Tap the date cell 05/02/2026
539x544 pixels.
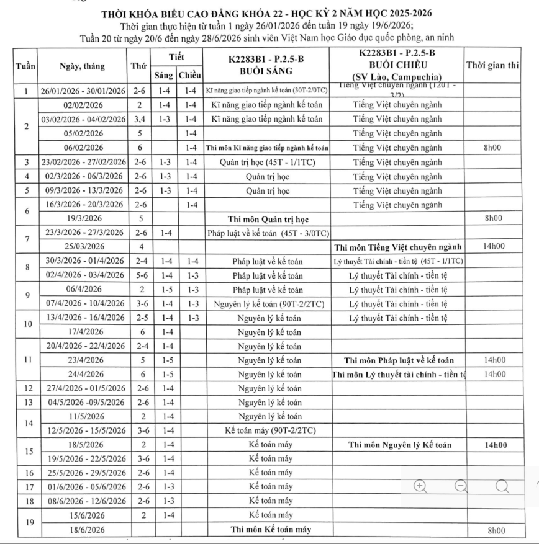tap(83, 132)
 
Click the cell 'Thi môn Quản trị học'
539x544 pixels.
tap(266, 219)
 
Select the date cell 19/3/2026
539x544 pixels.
tap(83, 219)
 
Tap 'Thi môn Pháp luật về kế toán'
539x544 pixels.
tap(397, 360)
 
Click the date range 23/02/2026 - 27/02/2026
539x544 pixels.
tap(83, 162)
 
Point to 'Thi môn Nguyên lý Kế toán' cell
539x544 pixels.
tap(397, 445)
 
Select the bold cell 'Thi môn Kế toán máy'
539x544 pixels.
tap(266, 529)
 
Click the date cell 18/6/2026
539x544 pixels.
tap(83, 529)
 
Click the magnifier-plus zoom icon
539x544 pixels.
tap(420, 486)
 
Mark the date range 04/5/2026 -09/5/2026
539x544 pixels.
tap(83, 402)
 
